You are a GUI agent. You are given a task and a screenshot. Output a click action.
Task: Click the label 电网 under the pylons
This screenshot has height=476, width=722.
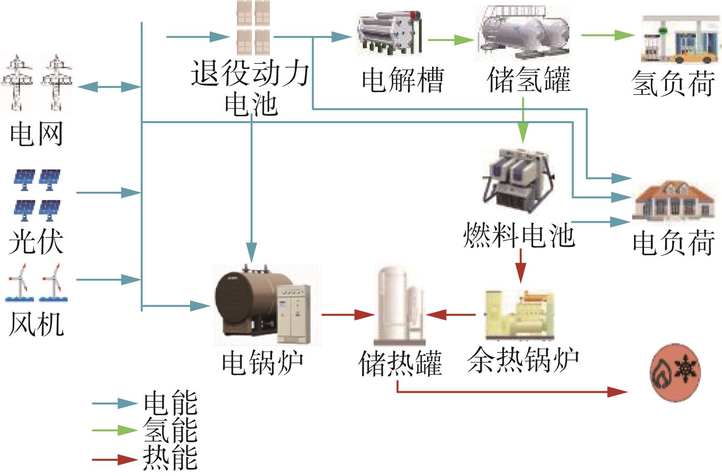[x=36, y=133]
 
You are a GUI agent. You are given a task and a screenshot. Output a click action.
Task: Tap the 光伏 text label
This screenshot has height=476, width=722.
[x=36, y=242]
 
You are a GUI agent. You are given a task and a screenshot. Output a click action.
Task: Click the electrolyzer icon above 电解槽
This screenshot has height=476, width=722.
[x=389, y=33]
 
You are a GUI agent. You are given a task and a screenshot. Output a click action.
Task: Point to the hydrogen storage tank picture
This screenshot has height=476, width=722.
[x=523, y=33]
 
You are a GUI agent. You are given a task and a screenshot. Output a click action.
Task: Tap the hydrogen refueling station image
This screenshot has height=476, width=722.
[x=681, y=40]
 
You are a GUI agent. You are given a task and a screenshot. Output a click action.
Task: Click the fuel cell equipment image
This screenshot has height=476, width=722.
[x=518, y=181]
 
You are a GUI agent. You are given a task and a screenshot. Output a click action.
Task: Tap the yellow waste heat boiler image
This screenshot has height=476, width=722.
[x=520, y=315]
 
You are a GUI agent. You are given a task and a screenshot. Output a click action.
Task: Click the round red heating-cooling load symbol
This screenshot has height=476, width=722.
[x=675, y=373]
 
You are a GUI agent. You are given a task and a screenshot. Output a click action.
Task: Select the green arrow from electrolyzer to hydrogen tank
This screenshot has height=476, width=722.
[x=451, y=40]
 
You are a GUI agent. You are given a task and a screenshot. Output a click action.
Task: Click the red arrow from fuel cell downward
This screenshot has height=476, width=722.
[x=521, y=266]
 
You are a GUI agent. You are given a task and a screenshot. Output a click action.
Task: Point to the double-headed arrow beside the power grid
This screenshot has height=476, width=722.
[x=109, y=87]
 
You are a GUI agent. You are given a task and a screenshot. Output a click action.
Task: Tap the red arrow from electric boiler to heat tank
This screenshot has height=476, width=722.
[x=348, y=315]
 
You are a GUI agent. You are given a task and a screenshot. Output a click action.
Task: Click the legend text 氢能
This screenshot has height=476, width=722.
[x=170, y=430]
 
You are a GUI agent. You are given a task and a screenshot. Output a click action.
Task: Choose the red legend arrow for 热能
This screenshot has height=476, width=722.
[x=115, y=460]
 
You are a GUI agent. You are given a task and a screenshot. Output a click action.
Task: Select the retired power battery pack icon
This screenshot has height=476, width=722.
[x=253, y=28]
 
